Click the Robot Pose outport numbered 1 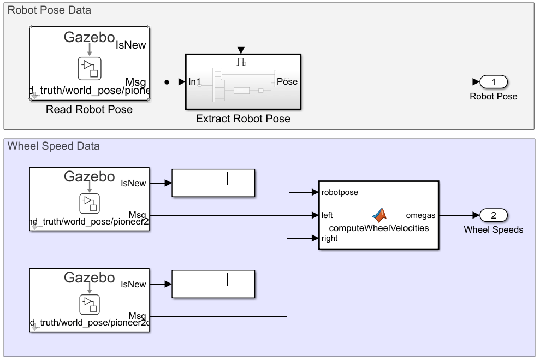494,82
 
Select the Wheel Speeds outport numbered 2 494,215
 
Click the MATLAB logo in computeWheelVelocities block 379,215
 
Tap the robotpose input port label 340,192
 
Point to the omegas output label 420,215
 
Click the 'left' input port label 327,215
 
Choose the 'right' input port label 330,238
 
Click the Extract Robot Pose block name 243,119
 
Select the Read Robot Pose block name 89,109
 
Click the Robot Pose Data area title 49,10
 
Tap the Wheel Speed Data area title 54,146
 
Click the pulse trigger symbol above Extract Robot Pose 241,62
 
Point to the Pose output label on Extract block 287,82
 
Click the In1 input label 195,82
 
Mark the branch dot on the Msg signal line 167,82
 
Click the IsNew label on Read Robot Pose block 131,45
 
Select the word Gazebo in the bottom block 90,278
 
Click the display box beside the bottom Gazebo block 213,284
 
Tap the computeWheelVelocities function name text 379,228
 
